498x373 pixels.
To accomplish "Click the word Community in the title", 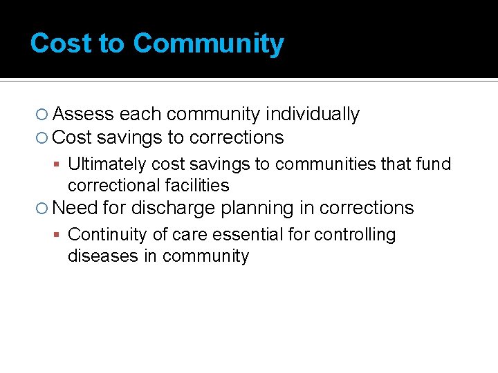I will tap(208, 44).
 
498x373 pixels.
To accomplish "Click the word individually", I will tap(313, 114).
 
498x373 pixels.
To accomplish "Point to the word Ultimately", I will tap(107, 164).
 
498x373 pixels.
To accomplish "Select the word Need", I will tap(75, 208).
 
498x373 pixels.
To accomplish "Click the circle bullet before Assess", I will tap(42, 115).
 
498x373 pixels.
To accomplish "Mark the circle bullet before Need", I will tap(42, 209).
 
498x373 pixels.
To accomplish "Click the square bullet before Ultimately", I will tap(59, 165).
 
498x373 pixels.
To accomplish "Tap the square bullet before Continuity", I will tap(59, 236).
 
